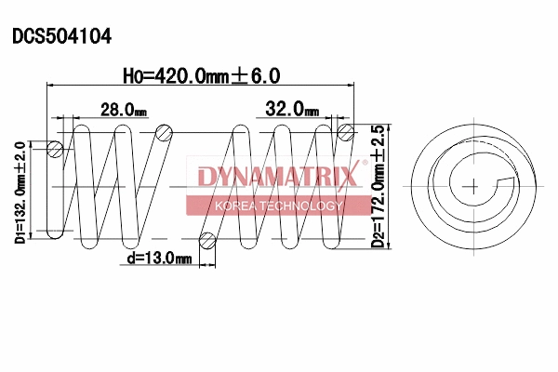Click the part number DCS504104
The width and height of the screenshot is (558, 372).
pyautogui.click(x=62, y=37)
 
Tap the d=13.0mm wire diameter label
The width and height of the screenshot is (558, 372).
pyautogui.click(x=159, y=258)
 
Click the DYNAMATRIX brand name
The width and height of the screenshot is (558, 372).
pyautogui.click(x=277, y=176)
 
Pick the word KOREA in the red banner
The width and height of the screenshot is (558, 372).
pyautogui.click(x=236, y=206)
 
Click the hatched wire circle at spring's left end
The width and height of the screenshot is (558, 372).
pyautogui.click(x=56, y=149)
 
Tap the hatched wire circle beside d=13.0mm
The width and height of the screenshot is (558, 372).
pyautogui.click(x=207, y=242)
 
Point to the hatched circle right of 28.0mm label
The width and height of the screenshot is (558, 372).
pyautogui.click(x=165, y=132)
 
